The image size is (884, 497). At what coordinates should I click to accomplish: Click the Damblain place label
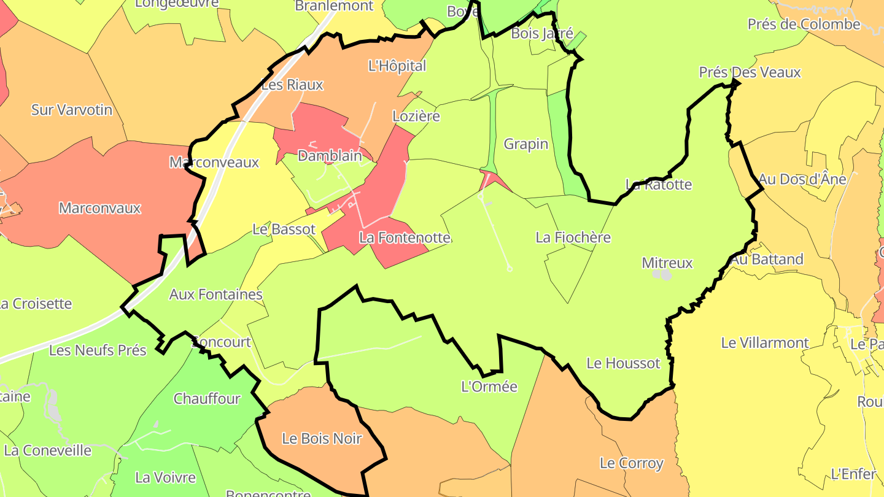point(330,156)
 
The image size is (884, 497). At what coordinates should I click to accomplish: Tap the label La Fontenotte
point(405,237)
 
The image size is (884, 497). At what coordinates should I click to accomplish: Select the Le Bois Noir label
point(322,439)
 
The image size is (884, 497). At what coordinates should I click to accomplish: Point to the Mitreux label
point(667,263)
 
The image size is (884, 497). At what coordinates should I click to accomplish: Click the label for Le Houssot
point(623,363)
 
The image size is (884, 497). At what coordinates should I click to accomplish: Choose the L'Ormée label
point(489,387)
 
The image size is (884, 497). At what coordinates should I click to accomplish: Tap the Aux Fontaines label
point(215,295)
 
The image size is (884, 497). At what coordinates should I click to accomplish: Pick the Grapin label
point(525,144)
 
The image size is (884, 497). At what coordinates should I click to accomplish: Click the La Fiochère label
point(573,237)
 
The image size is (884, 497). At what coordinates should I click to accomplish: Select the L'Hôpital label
point(397,66)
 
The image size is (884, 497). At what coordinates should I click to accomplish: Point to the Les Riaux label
point(292,85)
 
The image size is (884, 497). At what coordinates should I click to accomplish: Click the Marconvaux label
point(100,208)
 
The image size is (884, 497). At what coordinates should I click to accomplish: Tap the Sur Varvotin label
point(72,110)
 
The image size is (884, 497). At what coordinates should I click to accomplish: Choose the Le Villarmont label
point(765,343)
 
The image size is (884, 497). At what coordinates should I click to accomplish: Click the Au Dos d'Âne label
point(802,179)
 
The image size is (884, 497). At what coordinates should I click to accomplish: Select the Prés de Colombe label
point(804,25)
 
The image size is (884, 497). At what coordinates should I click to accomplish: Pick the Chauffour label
point(207,399)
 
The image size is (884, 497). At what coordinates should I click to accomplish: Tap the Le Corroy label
point(632,463)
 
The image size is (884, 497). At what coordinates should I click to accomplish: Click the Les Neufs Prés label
point(98,350)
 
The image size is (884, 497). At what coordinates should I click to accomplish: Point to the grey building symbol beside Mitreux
point(663,274)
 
